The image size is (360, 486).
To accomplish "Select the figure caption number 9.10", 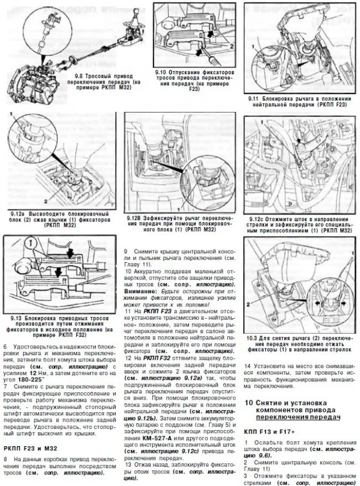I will (x=161, y=72).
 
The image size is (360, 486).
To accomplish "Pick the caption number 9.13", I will (x=16, y=316).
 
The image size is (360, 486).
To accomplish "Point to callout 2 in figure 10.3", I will (x=249, y=304).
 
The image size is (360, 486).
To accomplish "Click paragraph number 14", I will (x=247, y=365).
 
